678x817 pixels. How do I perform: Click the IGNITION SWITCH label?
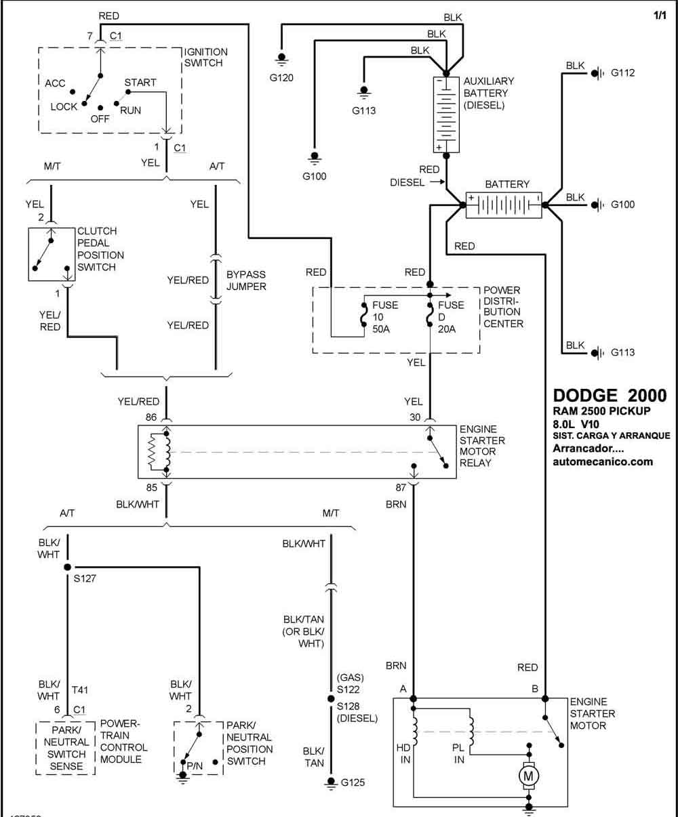coord(205,57)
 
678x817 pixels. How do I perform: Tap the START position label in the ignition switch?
coord(140,83)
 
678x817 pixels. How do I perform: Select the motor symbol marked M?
coord(528,776)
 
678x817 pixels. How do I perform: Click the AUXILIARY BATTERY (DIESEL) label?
coord(488,93)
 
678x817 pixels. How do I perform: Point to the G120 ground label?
coord(281,78)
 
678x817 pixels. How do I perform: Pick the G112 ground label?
coord(622,72)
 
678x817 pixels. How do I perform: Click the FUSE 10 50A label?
coord(384,317)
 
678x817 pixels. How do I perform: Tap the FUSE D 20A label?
coord(450,317)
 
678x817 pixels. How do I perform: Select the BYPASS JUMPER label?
coord(246,280)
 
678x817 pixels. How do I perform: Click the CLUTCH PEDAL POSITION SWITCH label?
coord(100,249)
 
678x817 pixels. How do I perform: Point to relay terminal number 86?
coord(151,417)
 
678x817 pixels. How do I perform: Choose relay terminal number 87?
coord(400,488)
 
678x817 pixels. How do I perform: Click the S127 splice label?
coord(85,579)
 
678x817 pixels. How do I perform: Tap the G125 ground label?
coord(353,782)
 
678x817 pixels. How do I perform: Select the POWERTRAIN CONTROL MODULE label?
coord(123,741)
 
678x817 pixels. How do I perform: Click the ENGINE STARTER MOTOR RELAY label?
coord(482,446)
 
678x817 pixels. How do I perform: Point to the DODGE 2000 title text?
coord(610,396)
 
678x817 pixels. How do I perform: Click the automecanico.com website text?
coord(603,462)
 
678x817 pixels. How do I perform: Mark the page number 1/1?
coord(660,16)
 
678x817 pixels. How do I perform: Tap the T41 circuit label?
coord(80,690)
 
